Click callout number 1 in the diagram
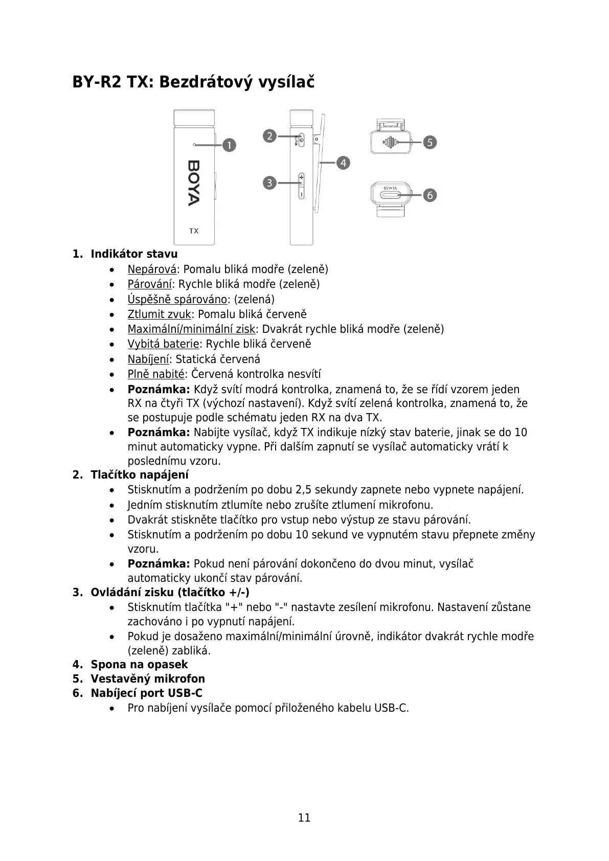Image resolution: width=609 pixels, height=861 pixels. coord(230,145)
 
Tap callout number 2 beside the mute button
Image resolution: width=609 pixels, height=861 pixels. coord(270,136)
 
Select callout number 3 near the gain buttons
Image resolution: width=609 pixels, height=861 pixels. coord(270,183)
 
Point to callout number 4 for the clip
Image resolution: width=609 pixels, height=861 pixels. coord(343,163)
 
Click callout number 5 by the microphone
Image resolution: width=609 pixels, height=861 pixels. coord(430,142)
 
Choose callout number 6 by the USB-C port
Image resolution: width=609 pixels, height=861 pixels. coord(430,195)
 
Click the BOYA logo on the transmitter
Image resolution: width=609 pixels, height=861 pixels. coord(194,183)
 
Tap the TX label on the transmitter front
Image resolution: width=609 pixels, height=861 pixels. coord(194,231)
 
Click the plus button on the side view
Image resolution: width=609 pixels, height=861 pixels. coord(301,178)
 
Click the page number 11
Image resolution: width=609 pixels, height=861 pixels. coord(304,818)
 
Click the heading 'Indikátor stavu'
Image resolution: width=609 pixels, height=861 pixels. coord(134,254)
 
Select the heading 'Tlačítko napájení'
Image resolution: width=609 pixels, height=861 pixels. coord(140,474)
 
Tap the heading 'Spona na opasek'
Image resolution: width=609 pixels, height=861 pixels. coord(139,664)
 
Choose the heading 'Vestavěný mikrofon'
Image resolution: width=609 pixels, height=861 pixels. coord(148,678)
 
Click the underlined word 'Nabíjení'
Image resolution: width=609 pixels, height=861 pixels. coord(148,359)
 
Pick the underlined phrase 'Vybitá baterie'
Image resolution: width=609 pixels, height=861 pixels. coord(163,344)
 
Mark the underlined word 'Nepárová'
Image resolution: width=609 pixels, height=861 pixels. coord(152,269)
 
